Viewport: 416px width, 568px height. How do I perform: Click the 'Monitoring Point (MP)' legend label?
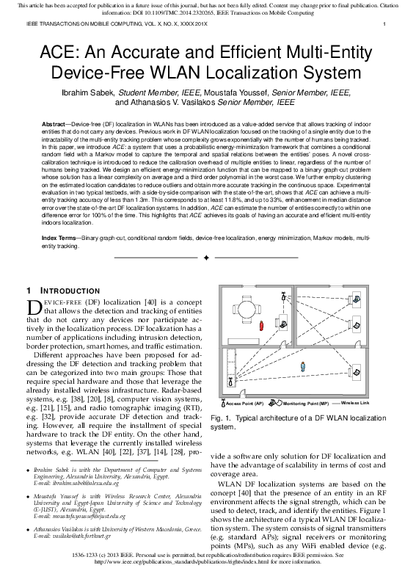coord(305,404)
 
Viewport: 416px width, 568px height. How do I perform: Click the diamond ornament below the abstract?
coord(208,258)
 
